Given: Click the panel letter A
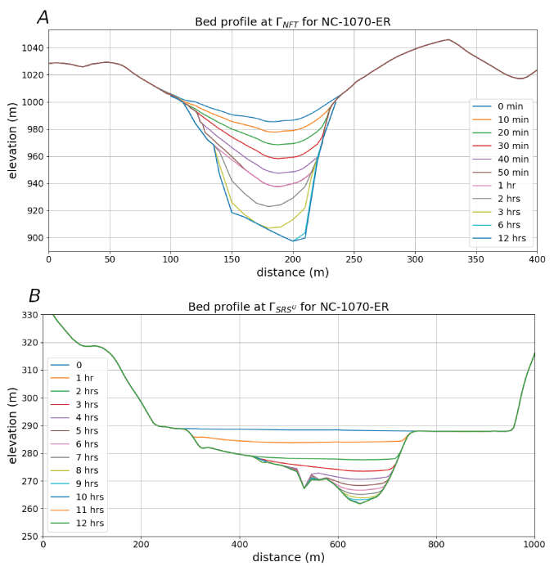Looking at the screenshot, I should [43, 17].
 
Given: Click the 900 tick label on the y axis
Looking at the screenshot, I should [31, 238].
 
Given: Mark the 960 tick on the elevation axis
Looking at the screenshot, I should [31, 157].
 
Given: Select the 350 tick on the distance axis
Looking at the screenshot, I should [476, 260].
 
